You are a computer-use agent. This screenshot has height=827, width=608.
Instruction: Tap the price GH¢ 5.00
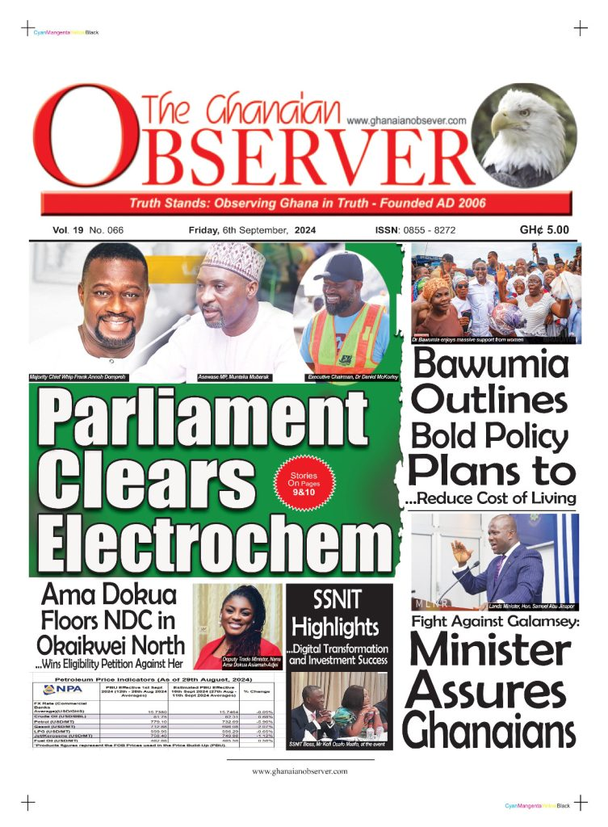point(543,230)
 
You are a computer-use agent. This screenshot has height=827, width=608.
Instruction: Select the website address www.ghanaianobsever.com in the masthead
point(407,120)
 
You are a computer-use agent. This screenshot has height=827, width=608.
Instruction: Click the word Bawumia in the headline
point(490,367)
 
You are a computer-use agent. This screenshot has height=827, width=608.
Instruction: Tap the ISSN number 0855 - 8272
point(427,230)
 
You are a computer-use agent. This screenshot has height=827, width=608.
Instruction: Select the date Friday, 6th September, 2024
point(252,230)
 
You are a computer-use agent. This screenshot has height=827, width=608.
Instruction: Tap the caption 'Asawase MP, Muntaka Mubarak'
point(233,377)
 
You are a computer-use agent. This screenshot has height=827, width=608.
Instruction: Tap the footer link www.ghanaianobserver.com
point(300,771)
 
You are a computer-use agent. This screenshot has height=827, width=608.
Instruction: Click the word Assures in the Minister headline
point(485,693)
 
